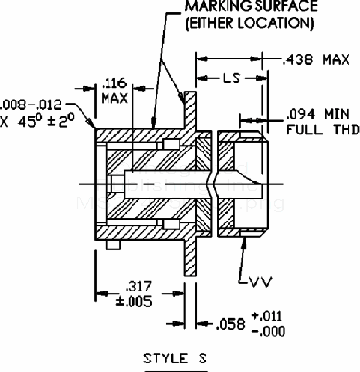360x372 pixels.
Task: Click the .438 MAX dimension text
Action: (x=316, y=59)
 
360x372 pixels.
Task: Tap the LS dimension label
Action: (x=231, y=78)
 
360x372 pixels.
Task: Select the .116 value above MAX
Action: (x=114, y=83)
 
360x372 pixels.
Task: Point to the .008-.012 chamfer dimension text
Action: (x=31, y=105)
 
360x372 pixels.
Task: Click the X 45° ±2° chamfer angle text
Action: (x=36, y=122)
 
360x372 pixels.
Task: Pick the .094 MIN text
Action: (x=318, y=114)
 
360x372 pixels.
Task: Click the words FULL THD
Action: (x=324, y=129)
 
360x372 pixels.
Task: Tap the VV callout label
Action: (x=260, y=282)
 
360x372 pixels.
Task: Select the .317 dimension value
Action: (x=138, y=287)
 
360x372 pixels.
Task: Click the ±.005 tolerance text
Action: (x=133, y=301)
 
